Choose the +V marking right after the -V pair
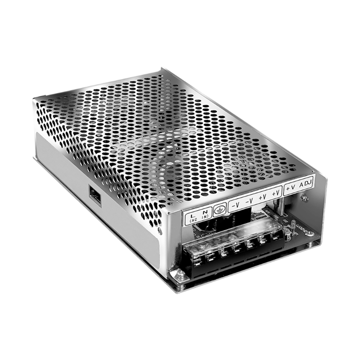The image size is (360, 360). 263,197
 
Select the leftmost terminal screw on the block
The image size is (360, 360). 197,258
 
